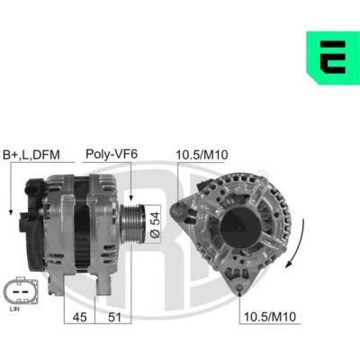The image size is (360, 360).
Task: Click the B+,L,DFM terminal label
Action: tap(31, 155)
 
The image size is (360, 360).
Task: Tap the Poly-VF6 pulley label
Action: tap(112, 154)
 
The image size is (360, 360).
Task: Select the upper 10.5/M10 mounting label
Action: tap(202, 155)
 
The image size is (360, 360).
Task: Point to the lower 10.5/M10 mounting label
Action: tap(270, 317)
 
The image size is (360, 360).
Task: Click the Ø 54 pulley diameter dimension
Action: tap(155, 225)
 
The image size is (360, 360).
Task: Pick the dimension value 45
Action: tap(79, 317)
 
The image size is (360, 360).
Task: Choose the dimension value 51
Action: tap(114, 317)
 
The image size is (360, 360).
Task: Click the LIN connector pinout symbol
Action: tap(21, 291)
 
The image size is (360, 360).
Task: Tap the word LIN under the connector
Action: tap(14, 309)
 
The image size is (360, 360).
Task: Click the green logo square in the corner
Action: tap(333, 58)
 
